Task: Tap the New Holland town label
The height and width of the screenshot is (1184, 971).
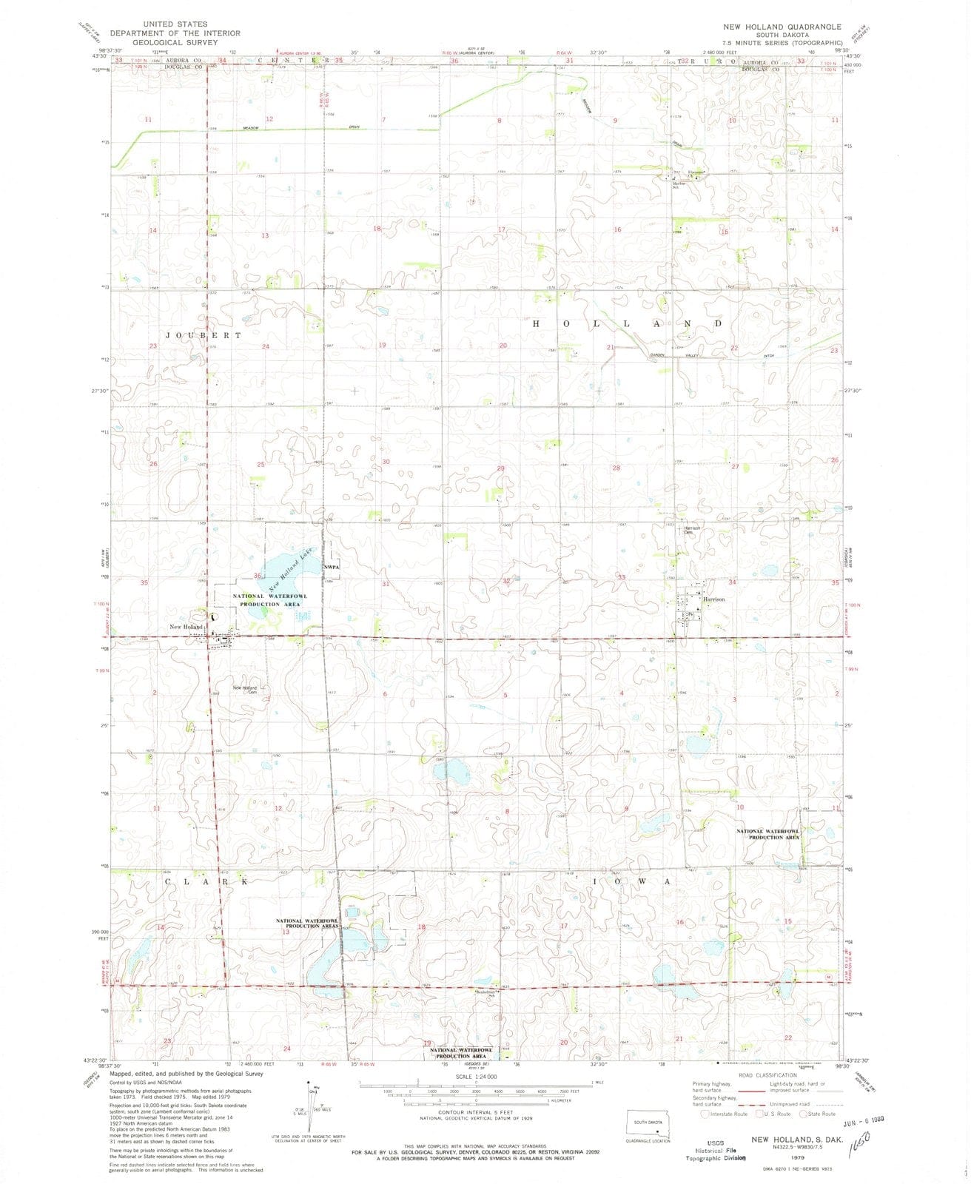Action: (186, 628)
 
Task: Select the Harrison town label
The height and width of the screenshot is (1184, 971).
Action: (713, 599)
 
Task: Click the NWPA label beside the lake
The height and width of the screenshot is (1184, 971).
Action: (331, 568)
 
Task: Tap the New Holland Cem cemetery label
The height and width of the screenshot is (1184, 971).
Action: (245, 690)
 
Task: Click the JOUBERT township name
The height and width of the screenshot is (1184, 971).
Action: (193, 335)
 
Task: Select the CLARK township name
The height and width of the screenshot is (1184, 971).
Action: (205, 882)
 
